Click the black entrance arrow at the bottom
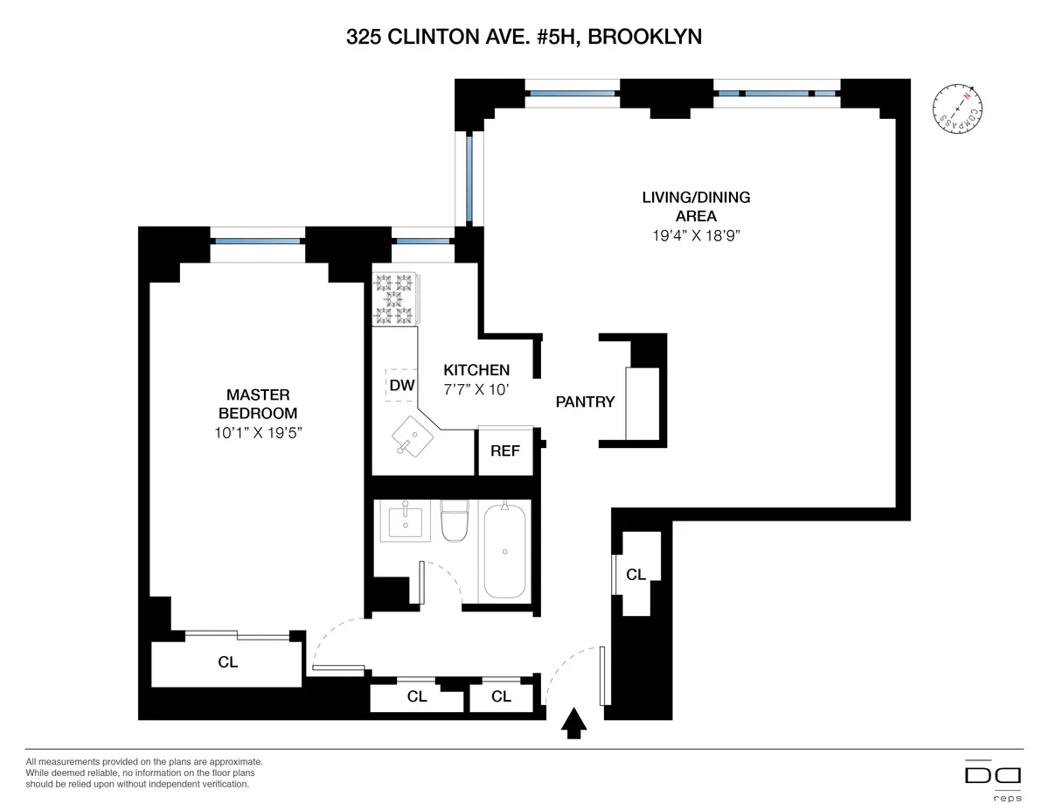point(573,723)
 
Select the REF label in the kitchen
point(505,451)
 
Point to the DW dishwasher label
point(401,385)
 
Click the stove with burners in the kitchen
point(394,299)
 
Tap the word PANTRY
point(585,402)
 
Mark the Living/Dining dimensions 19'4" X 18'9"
point(696,234)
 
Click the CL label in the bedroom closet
point(227,662)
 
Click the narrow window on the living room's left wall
point(469,179)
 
